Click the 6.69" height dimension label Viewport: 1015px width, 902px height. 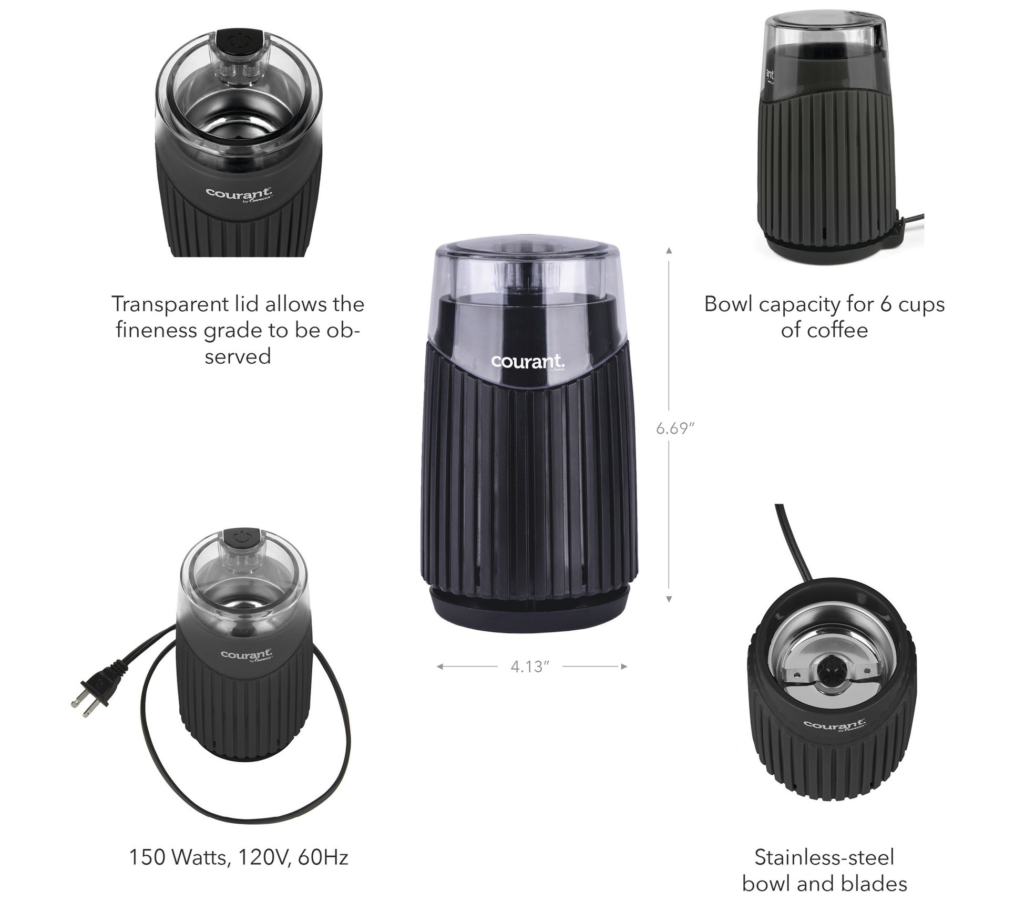pos(675,428)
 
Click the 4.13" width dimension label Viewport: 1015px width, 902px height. pos(530,667)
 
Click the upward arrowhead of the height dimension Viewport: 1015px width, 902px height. pos(669,251)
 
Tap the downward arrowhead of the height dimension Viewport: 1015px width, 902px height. pos(669,599)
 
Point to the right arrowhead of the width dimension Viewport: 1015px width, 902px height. pos(624,667)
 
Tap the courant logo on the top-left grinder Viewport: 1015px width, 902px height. pos(239,193)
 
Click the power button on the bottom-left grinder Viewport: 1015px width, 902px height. pos(240,539)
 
